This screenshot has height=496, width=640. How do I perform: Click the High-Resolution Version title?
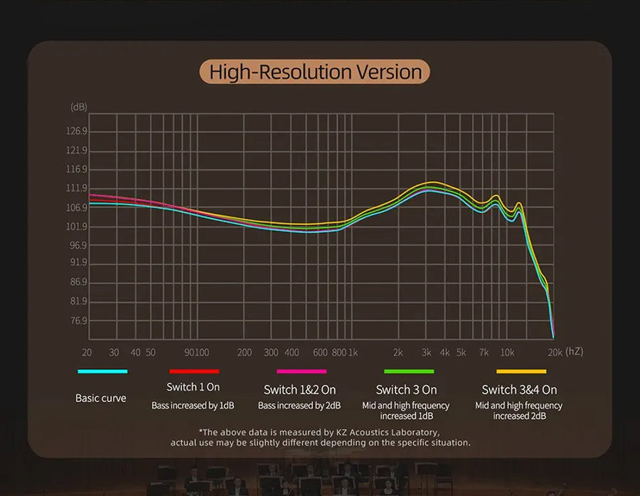click(x=315, y=72)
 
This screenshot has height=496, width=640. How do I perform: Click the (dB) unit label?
click(x=78, y=107)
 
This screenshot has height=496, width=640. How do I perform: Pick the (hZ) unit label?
click(x=574, y=352)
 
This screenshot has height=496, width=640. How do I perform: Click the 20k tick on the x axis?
click(x=554, y=352)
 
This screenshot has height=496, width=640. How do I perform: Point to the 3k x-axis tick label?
click(x=427, y=352)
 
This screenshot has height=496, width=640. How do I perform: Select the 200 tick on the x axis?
click(x=244, y=352)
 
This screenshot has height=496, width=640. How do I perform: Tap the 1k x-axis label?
click(x=353, y=352)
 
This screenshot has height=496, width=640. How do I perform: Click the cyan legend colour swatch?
click(x=102, y=371)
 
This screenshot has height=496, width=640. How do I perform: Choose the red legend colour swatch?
click(x=194, y=371)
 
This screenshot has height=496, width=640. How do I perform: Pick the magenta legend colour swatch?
click(x=302, y=371)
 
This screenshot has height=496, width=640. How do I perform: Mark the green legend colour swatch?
click(x=408, y=371)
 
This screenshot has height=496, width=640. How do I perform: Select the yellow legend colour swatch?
click(x=521, y=371)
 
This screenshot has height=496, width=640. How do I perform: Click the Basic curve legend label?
click(x=101, y=399)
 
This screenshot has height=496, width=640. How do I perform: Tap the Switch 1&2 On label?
click(x=299, y=390)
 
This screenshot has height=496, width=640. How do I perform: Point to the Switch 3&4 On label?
click(x=519, y=390)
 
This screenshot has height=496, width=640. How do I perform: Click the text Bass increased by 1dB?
click(x=193, y=406)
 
